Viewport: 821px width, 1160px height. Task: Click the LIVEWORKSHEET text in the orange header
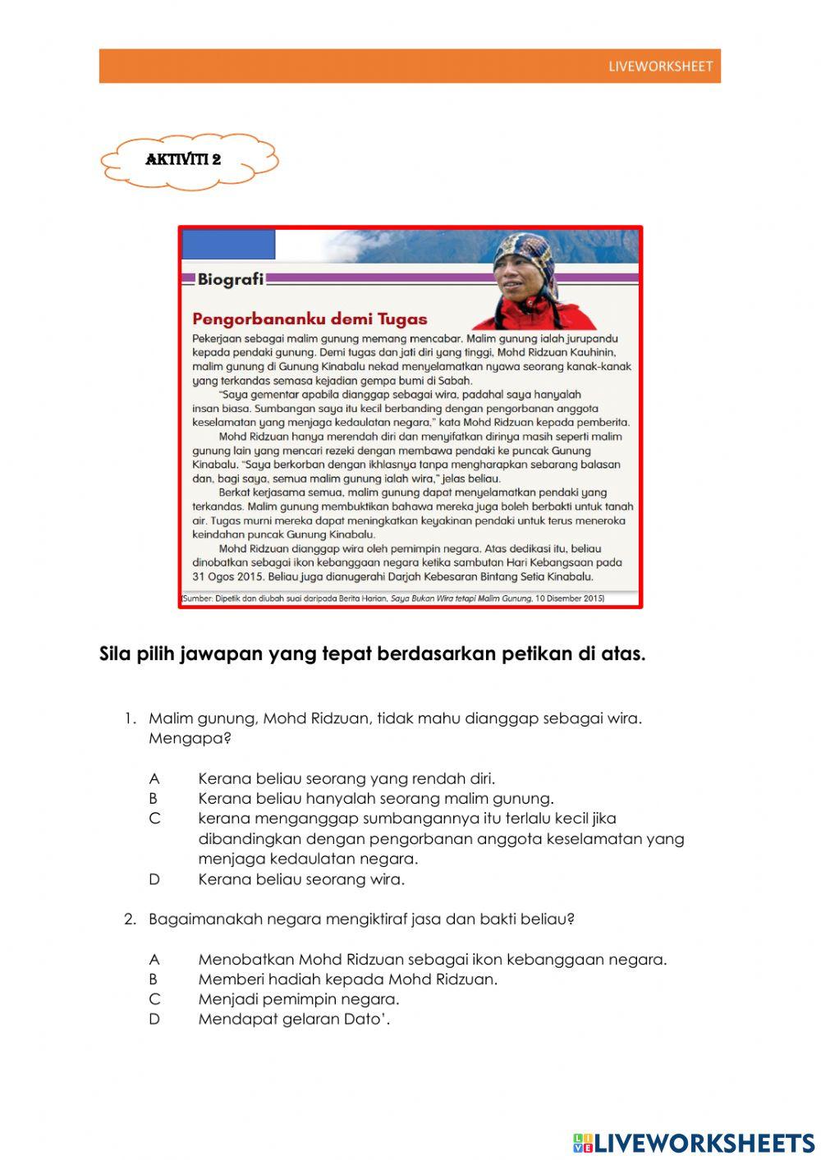pyautogui.click(x=660, y=66)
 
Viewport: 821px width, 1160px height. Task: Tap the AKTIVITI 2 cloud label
pyautogui.click(x=183, y=160)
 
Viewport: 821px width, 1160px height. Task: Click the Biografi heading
pyautogui.click(x=230, y=279)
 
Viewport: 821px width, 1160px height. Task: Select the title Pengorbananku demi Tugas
pyautogui.click(x=310, y=319)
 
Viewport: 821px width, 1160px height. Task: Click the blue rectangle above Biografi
pyautogui.click(x=228, y=245)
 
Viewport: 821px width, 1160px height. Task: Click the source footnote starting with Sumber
pyautogui.click(x=392, y=598)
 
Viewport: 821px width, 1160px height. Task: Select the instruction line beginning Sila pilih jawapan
pyautogui.click(x=372, y=654)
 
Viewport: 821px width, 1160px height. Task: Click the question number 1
pyautogui.click(x=130, y=718)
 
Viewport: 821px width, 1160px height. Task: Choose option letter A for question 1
pyautogui.click(x=154, y=778)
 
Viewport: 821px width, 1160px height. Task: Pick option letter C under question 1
pyautogui.click(x=154, y=818)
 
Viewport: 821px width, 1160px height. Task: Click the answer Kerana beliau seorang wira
pyautogui.click(x=301, y=879)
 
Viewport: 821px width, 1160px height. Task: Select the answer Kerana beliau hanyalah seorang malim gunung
pyautogui.click(x=375, y=798)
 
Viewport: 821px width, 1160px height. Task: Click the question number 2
pyautogui.click(x=130, y=919)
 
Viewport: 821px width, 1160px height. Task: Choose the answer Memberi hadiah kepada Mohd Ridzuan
pyautogui.click(x=347, y=979)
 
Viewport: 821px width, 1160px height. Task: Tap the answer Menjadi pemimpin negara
pyautogui.click(x=298, y=999)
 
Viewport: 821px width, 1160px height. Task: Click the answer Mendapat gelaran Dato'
pyautogui.click(x=294, y=1020)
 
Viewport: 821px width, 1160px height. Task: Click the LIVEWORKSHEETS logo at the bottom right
pyautogui.click(x=694, y=1143)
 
